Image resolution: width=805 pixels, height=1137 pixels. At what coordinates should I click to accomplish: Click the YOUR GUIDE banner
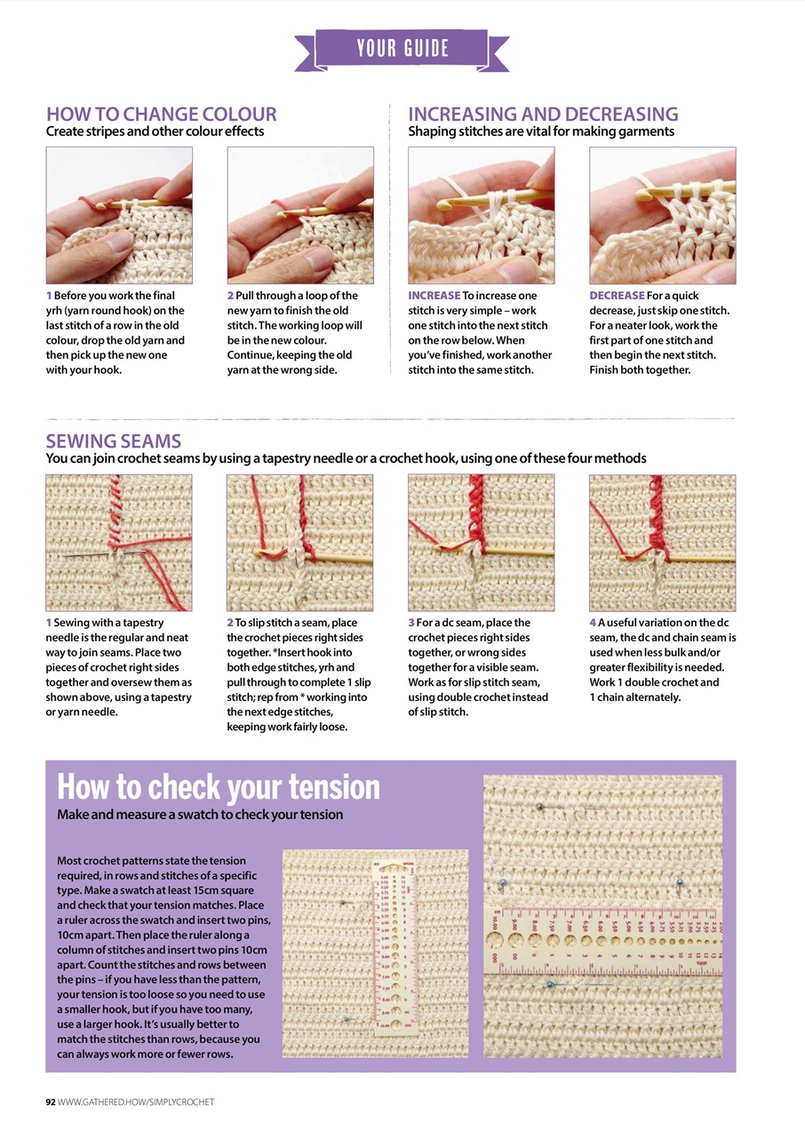(x=402, y=48)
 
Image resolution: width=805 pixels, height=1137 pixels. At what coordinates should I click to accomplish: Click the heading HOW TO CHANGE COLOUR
(x=161, y=114)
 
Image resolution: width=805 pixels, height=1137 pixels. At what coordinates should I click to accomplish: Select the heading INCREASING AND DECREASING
(x=543, y=114)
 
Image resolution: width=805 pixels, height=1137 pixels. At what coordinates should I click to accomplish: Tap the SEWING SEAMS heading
(x=114, y=441)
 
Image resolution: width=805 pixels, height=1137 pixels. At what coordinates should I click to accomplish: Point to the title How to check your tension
(x=219, y=786)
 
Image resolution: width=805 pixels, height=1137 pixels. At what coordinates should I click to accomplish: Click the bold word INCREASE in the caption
(x=434, y=295)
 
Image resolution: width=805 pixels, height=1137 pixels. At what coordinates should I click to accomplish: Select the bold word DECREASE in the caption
(x=617, y=295)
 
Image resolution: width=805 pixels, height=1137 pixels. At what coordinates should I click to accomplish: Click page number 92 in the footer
(x=51, y=1101)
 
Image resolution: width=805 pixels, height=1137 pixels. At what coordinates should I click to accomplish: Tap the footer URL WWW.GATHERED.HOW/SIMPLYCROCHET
(x=136, y=1101)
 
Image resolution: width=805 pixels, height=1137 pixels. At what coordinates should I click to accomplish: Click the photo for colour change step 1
(x=119, y=215)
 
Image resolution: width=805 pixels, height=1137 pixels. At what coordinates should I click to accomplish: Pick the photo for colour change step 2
(x=300, y=215)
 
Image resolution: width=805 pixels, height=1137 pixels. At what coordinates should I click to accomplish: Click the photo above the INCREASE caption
(x=481, y=215)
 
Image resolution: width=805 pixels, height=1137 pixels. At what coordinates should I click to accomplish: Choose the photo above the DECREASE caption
(x=663, y=215)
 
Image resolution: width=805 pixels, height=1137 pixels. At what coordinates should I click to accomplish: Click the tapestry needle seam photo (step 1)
(x=119, y=542)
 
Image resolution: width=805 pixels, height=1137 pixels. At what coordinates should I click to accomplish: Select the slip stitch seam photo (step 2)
(x=300, y=542)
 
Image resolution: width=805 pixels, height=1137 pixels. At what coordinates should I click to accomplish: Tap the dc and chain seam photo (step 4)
(x=663, y=542)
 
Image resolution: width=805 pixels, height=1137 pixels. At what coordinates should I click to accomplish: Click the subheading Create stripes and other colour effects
(x=155, y=131)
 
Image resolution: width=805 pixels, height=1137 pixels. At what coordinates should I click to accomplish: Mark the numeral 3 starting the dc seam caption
(x=411, y=624)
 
